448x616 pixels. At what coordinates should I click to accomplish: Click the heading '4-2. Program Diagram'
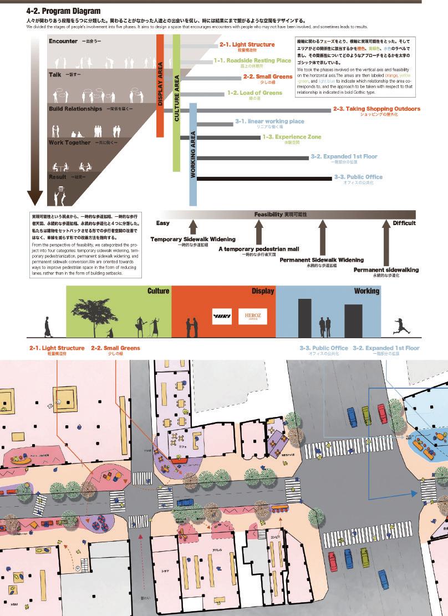pyautogui.click(x=64, y=11)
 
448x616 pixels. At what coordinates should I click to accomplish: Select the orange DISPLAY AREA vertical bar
pyautogui.click(x=160, y=85)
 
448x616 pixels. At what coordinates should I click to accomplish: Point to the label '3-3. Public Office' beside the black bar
pyautogui.click(x=358, y=177)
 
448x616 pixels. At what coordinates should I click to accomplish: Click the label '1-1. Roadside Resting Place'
pyautogui.click(x=252, y=60)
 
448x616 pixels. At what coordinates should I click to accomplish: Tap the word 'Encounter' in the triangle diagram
pyautogui.click(x=63, y=42)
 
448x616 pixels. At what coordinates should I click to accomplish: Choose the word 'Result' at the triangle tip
pyautogui.click(x=58, y=176)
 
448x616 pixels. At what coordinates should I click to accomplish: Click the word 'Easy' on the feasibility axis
pyautogui.click(x=162, y=223)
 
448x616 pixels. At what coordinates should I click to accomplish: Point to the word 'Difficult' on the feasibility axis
pyautogui.click(x=404, y=223)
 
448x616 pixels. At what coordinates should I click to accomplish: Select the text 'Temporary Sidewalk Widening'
pyautogui.click(x=193, y=240)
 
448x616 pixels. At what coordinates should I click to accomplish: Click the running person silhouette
pyautogui.click(x=401, y=325)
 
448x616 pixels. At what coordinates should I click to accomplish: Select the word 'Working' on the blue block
pyautogui.click(x=366, y=291)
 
